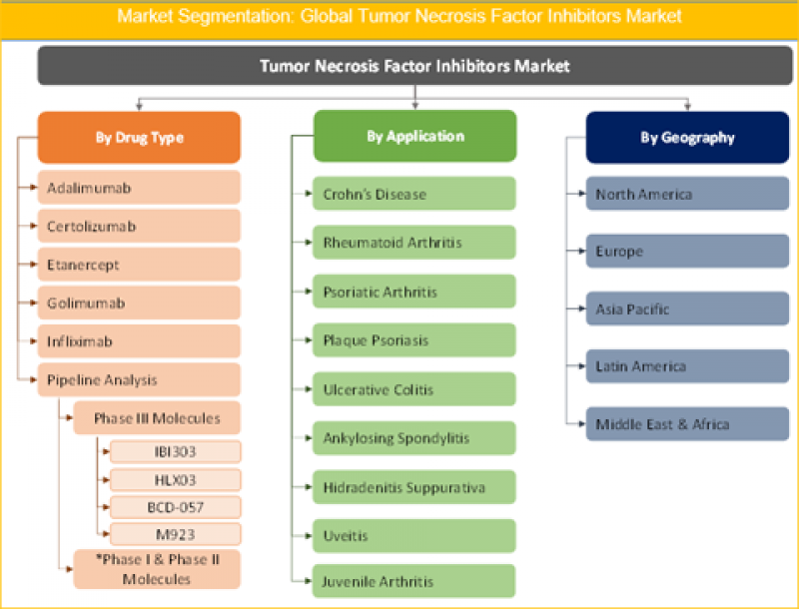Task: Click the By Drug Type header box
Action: (139, 138)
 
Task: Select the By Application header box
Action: (414, 136)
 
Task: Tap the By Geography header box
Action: (687, 138)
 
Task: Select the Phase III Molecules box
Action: (157, 417)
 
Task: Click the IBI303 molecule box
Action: (175, 452)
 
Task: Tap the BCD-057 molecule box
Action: (175, 506)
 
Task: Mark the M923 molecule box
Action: (175, 533)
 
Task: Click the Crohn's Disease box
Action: (414, 194)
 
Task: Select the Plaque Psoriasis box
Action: (414, 340)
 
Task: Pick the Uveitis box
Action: (414, 536)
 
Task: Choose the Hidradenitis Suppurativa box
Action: (414, 487)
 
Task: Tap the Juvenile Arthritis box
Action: (414, 581)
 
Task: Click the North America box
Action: (687, 195)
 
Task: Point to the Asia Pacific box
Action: (687, 309)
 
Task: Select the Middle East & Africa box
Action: (687, 424)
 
